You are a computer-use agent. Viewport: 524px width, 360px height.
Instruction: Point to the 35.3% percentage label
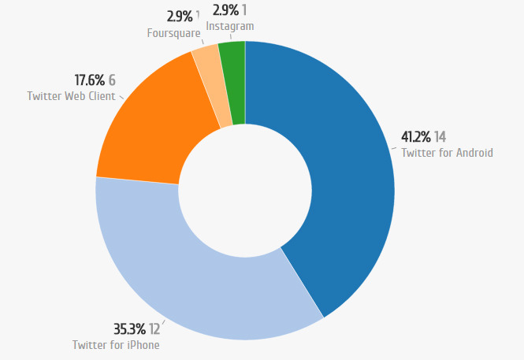[129, 329]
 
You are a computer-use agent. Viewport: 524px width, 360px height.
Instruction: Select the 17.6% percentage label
[89, 80]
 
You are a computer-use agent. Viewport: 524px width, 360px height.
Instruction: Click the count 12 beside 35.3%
[154, 329]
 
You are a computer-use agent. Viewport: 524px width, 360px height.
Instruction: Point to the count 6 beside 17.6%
[112, 80]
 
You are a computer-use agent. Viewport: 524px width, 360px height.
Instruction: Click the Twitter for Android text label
[447, 153]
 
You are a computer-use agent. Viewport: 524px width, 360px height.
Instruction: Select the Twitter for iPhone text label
[116, 344]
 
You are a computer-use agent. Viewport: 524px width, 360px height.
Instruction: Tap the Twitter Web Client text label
[71, 96]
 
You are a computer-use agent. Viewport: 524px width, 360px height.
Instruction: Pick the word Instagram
[230, 26]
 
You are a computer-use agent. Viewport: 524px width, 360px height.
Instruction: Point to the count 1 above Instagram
[245, 9]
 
